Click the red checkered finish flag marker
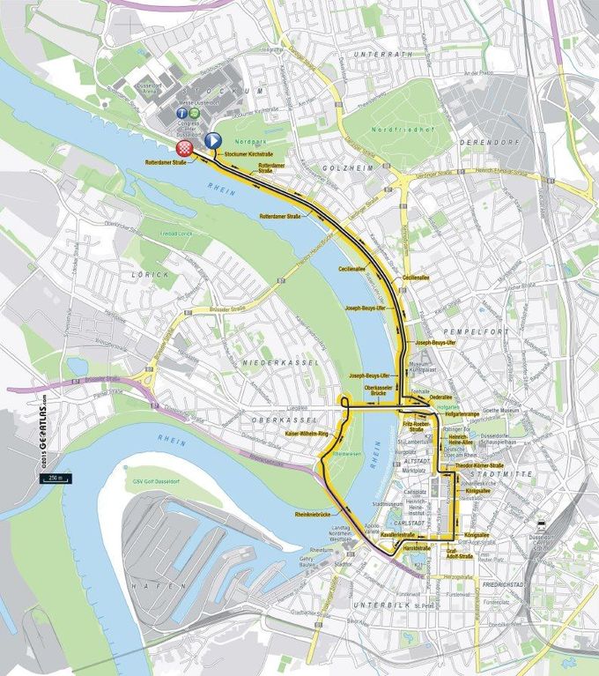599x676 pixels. [x=185, y=147]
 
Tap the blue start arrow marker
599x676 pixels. [x=211, y=140]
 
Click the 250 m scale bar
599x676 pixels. [x=52, y=477]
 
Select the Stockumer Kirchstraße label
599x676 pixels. [x=249, y=154]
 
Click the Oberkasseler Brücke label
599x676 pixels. [x=378, y=390]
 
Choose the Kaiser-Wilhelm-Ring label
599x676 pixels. [x=306, y=435]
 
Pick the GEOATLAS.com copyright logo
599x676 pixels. [x=41, y=433]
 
